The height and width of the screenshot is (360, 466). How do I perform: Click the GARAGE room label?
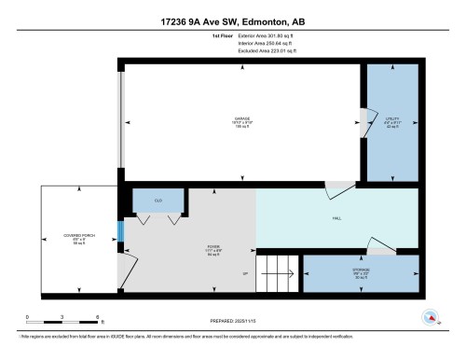pyautogui.click(x=242, y=118)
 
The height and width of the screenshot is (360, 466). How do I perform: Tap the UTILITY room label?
pyautogui.click(x=391, y=118)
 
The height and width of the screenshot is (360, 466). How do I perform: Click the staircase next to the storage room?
pyautogui.click(x=280, y=273)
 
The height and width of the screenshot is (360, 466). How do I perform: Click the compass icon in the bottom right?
pyautogui.click(x=430, y=317)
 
